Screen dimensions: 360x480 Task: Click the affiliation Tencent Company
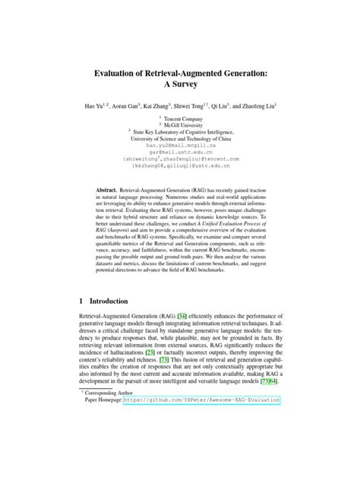coord(184,119)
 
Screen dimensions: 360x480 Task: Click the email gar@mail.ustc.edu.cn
coord(180,152)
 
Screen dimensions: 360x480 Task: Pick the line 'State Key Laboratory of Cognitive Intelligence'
coord(185,133)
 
